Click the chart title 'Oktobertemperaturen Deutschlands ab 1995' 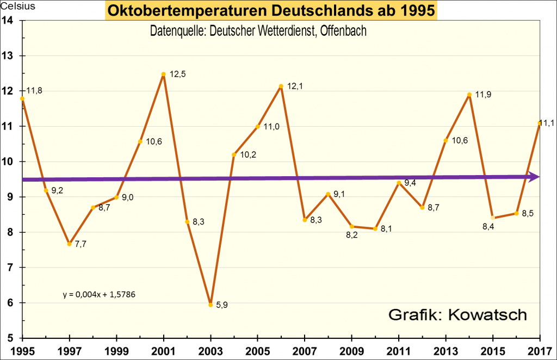click(271, 10)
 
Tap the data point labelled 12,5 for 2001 click(163, 74)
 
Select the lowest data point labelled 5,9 click(211, 305)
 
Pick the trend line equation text click(98, 295)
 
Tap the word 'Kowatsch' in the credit click(489, 315)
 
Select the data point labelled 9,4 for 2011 click(399, 183)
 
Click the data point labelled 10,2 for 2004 click(234, 155)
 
